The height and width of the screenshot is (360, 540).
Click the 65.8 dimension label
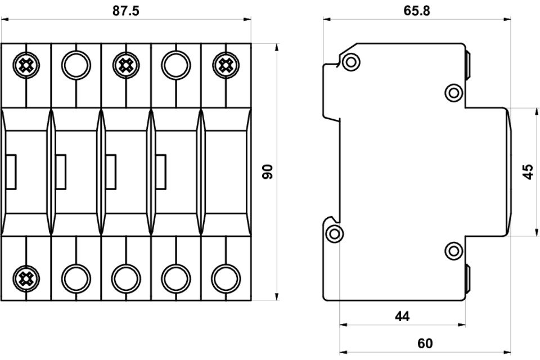coord(417,11)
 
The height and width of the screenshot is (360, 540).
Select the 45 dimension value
coord(528,172)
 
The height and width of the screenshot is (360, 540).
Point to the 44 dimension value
coord(402,316)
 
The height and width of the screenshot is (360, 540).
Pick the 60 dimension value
coord(425,344)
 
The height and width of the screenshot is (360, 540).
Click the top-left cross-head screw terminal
coord(26,66)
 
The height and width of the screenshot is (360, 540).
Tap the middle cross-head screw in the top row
coord(126,66)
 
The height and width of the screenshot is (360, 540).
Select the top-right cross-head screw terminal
coord(226,66)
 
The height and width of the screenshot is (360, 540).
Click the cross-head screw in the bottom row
coord(26,277)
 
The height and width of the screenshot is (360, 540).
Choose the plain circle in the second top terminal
coord(76,66)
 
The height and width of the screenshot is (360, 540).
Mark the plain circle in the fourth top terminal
coord(175,66)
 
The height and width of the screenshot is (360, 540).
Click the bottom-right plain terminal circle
coord(226,277)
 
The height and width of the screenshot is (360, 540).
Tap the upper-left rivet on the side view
coord(350,62)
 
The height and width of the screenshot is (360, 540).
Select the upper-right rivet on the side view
coord(453,92)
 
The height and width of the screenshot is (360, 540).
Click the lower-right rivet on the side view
coord(453,250)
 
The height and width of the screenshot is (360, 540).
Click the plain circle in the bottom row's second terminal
coord(76,277)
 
